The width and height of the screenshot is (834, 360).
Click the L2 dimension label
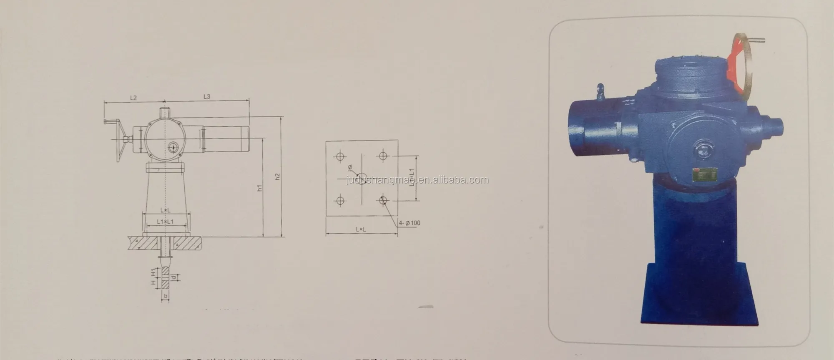pyautogui.click(x=133, y=97)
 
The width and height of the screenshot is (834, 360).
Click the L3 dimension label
pyautogui.click(x=207, y=96)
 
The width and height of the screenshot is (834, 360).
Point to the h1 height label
pyautogui.click(x=259, y=188)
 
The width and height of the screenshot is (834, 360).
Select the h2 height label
pyautogui.click(x=278, y=176)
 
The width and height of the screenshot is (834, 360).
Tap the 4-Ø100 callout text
pyautogui.click(x=409, y=223)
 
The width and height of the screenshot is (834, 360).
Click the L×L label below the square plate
pyautogui.click(x=361, y=229)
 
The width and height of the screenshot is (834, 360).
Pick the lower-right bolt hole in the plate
pyautogui.click(x=383, y=201)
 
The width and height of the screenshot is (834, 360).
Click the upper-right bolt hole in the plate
pyautogui.click(x=383, y=156)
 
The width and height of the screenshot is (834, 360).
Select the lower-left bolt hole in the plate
pyautogui.click(x=340, y=201)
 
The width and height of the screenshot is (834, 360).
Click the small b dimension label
pyautogui.click(x=166, y=296)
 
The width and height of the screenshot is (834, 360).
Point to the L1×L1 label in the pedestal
pyautogui.click(x=165, y=222)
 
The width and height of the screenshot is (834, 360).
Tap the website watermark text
pyautogui.click(x=417, y=180)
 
